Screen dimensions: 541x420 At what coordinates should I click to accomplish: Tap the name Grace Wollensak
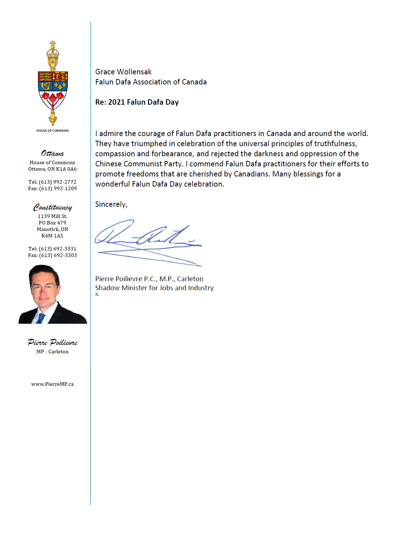[123, 72]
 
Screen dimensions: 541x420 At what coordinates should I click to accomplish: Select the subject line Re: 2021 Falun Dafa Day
[137, 102]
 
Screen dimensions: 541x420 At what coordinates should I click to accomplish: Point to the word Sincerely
[111, 204]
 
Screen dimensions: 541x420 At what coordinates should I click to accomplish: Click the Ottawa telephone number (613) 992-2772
[57, 182]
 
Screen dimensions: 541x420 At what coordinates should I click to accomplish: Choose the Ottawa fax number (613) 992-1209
[58, 188]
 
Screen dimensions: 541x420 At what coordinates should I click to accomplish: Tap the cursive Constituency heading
[53, 207]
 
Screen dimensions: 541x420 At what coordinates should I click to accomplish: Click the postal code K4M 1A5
[52, 236]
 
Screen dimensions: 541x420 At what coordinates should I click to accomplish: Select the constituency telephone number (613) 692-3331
[57, 249]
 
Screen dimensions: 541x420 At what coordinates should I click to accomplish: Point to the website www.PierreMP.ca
[52, 384]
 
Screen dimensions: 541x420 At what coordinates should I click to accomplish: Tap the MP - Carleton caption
[52, 352]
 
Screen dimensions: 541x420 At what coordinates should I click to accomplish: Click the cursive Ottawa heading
[52, 153]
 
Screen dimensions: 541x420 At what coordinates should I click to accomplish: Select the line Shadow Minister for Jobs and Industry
[154, 288]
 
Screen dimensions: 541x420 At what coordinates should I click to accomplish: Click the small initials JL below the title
[97, 295]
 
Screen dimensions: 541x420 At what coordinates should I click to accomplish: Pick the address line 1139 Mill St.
[52, 216]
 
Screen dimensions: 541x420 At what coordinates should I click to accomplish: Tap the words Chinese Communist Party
[138, 164]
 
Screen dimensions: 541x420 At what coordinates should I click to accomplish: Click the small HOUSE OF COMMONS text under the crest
[52, 131]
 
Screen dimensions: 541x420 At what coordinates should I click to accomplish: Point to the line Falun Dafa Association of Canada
[151, 82]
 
